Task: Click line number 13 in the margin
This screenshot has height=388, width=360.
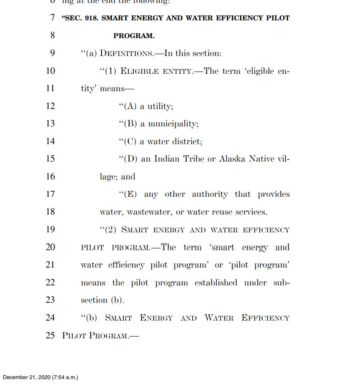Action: tap(50, 124)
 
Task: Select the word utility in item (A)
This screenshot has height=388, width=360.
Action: tap(160, 106)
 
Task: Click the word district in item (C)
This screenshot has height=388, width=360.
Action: tap(187, 142)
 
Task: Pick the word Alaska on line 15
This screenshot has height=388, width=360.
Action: tap(231, 159)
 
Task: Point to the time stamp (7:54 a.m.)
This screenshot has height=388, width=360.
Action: tap(65, 377)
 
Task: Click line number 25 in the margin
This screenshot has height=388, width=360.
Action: tap(50, 335)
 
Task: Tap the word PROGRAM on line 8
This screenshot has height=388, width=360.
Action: tap(134, 36)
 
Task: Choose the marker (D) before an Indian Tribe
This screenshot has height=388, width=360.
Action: tap(129, 159)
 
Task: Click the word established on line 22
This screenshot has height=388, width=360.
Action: tap(216, 282)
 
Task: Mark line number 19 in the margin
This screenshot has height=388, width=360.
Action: tap(50, 230)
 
